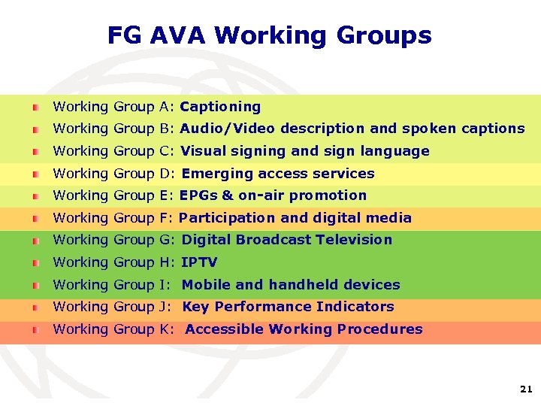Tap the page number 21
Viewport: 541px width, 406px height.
point(525,389)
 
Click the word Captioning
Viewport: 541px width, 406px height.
point(220,107)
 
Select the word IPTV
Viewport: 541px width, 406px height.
point(199,262)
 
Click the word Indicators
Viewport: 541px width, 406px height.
point(355,307)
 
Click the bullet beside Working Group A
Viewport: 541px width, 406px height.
point(36,108)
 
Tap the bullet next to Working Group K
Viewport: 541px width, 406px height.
point(36,330)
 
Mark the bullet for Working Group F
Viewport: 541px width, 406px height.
point(36,219)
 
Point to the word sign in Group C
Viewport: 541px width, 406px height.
point(339,151)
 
